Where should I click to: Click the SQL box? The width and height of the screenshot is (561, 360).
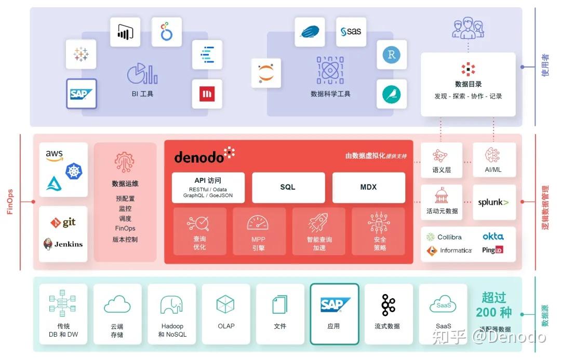tap(288, 188)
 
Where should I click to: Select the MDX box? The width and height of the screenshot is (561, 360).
tap(368, 188)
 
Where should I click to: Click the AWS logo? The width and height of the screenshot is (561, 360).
tap(54, 155)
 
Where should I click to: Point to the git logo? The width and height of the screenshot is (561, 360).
tap(63, 222)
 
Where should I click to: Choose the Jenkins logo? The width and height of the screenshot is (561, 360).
tap(63, 244)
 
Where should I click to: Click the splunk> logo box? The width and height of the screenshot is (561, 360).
tap(493, 203)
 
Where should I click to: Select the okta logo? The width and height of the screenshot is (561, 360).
tap(492, 236)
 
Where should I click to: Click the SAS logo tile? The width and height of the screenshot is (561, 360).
tap(351, 32)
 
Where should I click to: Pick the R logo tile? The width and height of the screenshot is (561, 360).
tap(391, 55)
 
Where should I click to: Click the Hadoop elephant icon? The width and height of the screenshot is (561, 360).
tap(171, 305)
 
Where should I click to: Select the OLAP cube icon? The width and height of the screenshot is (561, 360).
tap(225, 304)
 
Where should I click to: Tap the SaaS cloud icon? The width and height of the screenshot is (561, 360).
tap(443, 305)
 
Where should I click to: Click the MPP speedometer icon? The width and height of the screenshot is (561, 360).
tap(258, 223)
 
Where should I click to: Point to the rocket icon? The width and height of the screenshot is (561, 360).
tap(318, 223)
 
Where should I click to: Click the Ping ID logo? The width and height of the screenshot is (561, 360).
tap(492, 250)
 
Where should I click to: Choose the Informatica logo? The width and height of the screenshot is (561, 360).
tap(449, 250)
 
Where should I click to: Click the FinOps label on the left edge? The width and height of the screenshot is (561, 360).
tap(10, 202)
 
